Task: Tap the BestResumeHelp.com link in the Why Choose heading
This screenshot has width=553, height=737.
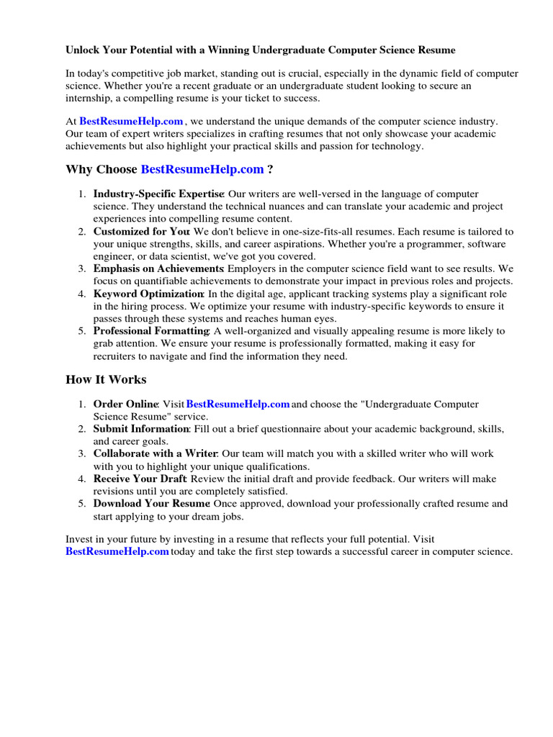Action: pyautogui.click(x=202, y=169)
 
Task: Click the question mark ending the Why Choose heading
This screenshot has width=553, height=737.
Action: pyautogui.click(x=270, y=169)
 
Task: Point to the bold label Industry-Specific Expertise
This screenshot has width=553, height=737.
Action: pyautogui.click(x=158, y=194)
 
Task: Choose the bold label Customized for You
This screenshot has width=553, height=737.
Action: pyautogui.click(x=141, y=232)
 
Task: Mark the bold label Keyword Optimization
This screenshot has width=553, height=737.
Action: pyautogui.click(x=148, y=294)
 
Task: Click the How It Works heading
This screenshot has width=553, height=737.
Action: pyautogui.click(x=106, y=379)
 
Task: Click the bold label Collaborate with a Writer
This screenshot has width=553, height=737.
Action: pyautogui.click(x=155, y=454)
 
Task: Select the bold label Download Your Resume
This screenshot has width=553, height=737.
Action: pyautogui.click(x=151, y=503)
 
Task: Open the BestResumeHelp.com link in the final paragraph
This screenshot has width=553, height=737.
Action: pyautogui.click(x=117, y=551)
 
